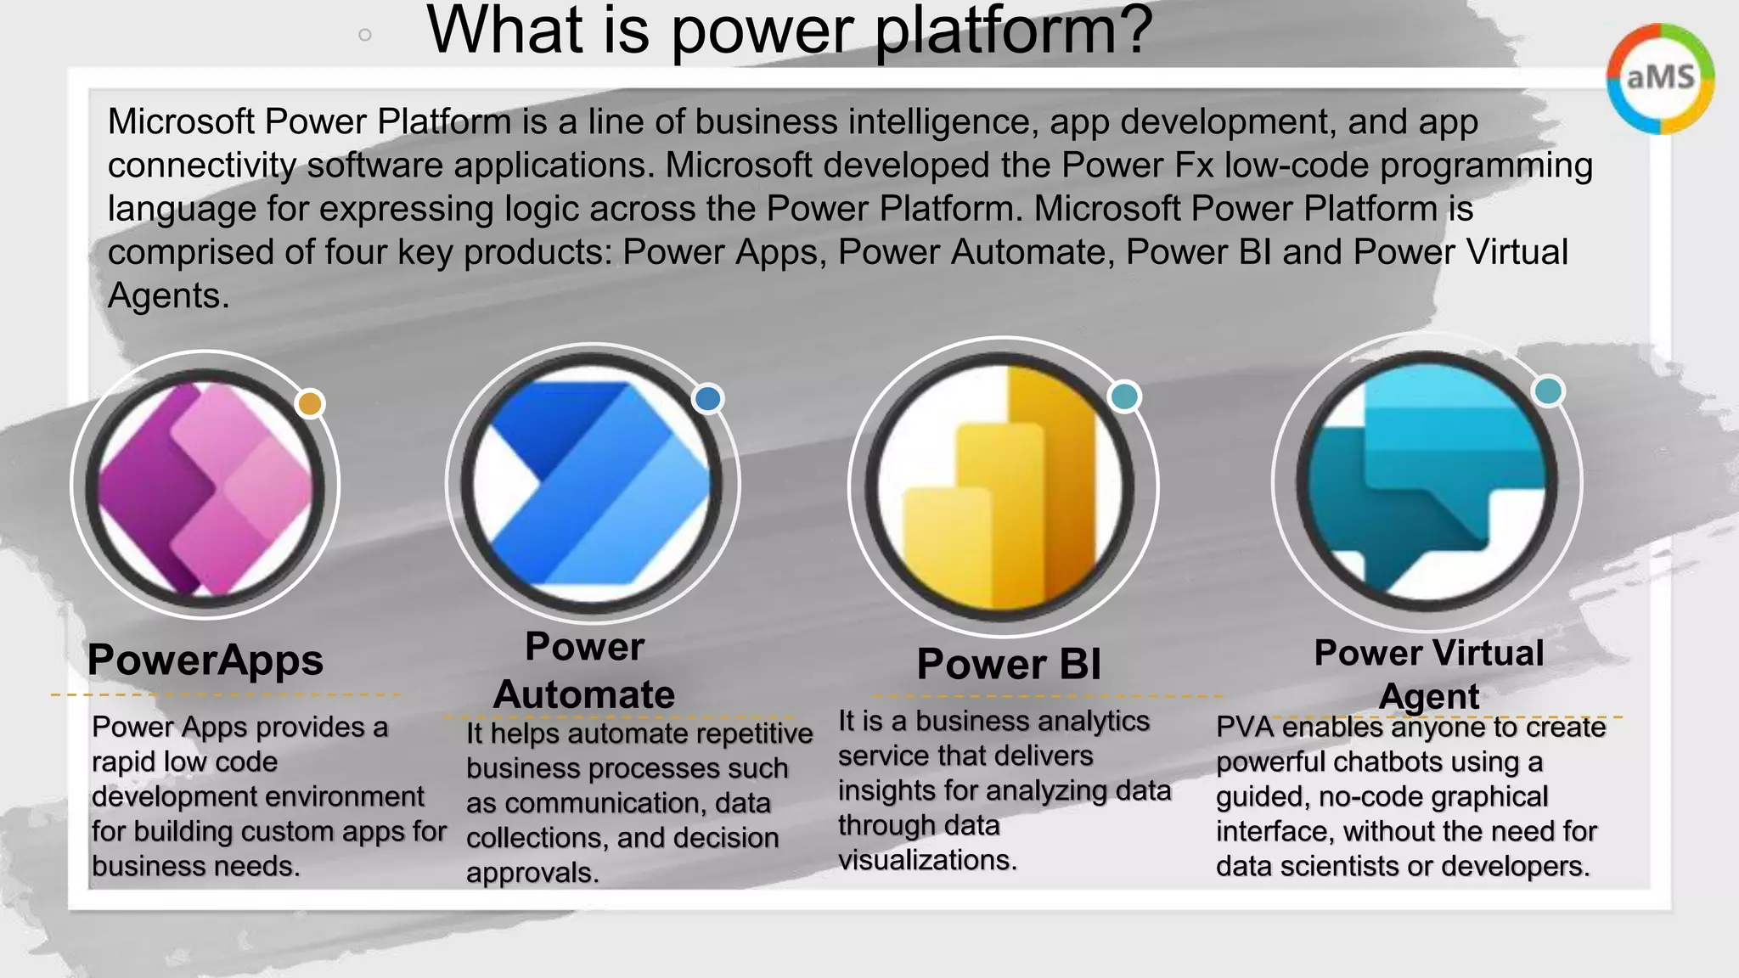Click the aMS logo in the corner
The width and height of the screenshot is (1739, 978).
coord(1660,78)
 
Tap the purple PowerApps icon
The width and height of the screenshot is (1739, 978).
coord(205,486)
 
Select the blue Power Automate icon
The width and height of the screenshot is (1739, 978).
coord(592,483)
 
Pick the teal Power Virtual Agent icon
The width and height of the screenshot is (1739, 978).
coord(1427,481)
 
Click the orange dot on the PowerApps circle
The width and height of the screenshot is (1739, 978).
coord(310,403)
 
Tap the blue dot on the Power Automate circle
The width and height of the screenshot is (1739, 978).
coord(707,399)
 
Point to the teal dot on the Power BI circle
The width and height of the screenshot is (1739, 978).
coord(1124,396)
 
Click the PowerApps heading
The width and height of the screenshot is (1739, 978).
coord(205,660)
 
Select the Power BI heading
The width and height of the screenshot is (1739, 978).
coord(1009,664)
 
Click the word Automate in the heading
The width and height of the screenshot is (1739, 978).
coord(584,694)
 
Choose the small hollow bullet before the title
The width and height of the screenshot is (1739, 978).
coord(365,35)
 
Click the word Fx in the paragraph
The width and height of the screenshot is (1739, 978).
coord(1195,165)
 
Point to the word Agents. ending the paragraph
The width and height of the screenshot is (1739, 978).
coord(168,295)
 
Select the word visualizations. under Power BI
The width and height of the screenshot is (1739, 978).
coord(927,860)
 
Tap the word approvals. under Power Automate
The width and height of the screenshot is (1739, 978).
coord(532,873)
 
